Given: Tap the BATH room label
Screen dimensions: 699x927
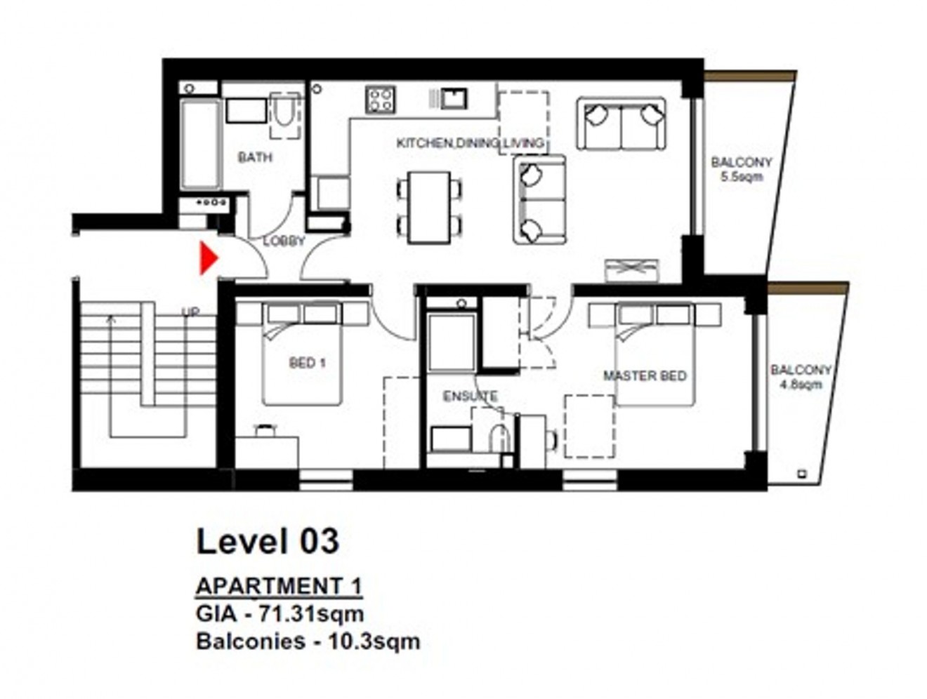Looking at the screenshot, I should (255, 157).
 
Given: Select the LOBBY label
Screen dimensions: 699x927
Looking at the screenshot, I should (284, 241).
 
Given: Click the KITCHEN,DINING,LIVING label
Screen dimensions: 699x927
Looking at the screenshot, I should (470, 143).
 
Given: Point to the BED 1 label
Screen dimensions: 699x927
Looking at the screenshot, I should (307, 363).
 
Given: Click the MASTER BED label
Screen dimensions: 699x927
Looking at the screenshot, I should (645, 376).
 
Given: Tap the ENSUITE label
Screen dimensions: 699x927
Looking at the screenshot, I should (470, 397).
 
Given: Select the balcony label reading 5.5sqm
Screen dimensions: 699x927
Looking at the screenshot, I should (741, 169).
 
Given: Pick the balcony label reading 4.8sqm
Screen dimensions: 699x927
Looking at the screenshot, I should (801, 377).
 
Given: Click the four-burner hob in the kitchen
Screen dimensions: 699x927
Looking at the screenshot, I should (380, 99).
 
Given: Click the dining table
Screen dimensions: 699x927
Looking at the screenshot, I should (429, 207).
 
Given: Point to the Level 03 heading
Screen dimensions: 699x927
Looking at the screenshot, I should (268, 541).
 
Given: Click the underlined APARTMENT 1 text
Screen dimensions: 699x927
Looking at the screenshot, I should (279, 585).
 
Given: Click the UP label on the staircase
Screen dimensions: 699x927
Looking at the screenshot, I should (190, 313).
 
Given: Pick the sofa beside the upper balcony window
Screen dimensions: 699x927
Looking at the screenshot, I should (621, 124).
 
